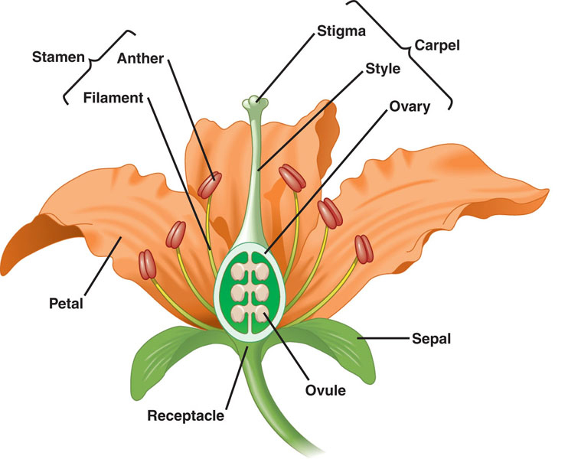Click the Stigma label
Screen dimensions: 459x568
coord(341,32)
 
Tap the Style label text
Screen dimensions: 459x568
coord(384,70)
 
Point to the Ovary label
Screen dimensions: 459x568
coord(410,106)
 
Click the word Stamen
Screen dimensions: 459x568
coord(58,57)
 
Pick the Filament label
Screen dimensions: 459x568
coord(114,98)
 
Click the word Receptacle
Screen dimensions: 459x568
coord(186,416)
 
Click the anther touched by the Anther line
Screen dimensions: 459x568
coord(210,184)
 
